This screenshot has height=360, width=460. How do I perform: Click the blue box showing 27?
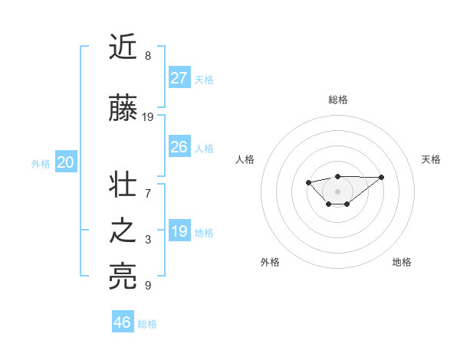tap(179, 77)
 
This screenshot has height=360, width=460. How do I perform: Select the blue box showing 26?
tap(179, 146)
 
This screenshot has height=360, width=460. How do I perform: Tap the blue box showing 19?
tap(179, 231)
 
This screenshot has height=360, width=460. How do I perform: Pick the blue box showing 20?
tap(65, 162)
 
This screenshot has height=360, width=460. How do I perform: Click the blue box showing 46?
tap(123, 322)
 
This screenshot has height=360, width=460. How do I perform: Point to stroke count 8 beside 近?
tap(147, 56)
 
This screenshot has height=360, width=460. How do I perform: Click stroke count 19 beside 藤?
tap(148, 117)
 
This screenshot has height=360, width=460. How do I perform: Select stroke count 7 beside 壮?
tap(147, 193)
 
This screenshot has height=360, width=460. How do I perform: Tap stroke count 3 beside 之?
tap(147, 240)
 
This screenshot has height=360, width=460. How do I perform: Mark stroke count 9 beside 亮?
tap(147, 286)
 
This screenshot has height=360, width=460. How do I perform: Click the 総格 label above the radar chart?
tap(338, 100)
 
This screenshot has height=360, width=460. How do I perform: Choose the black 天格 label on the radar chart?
tap(431, 159)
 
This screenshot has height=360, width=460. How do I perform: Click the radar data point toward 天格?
tap(382, 177)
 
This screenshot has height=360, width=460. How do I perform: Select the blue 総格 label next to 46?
tap(147, 324)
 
